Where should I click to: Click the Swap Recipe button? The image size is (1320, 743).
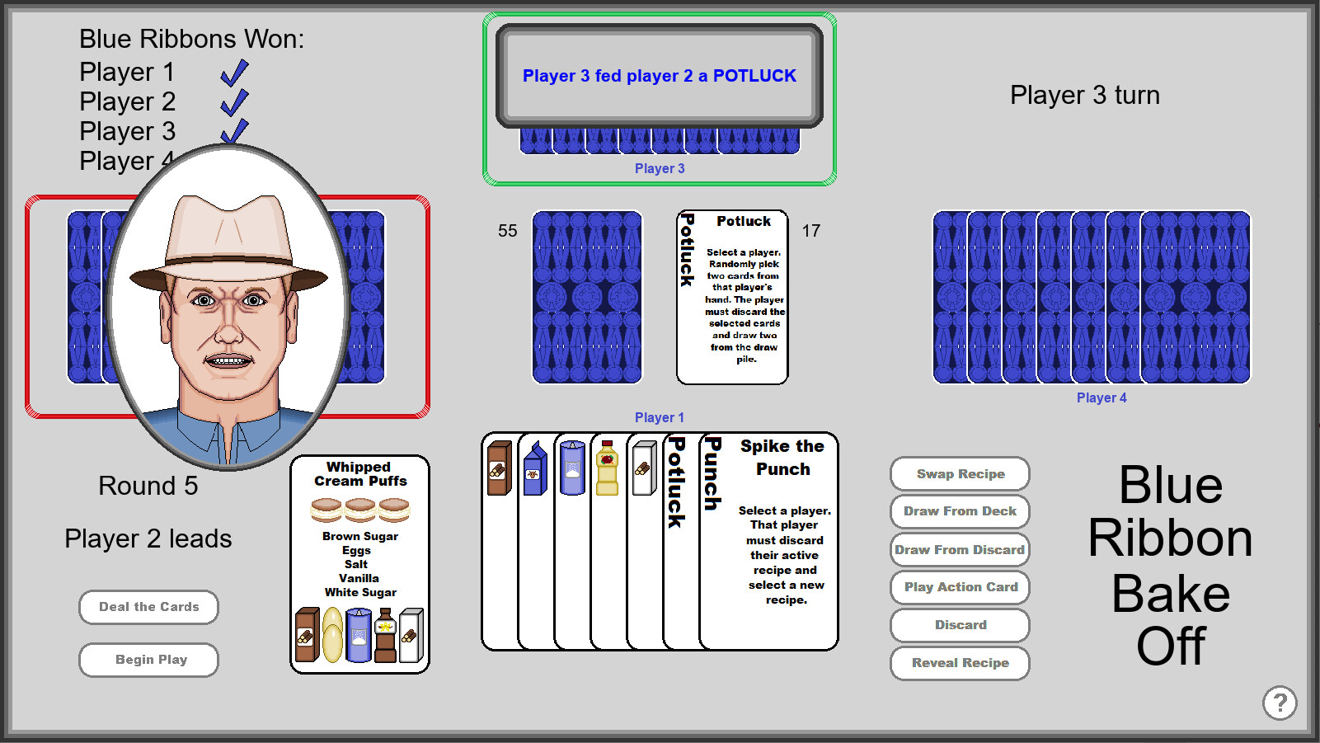[x=960, y=474]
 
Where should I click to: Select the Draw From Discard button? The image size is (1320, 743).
[x=960, y=550]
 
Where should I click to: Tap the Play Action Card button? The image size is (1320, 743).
[x=960, y=587]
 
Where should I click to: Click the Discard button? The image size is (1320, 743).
[x=960, y=625]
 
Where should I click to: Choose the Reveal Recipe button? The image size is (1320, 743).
[x=960, y=663]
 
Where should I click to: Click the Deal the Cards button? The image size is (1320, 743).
[x=148, y=607]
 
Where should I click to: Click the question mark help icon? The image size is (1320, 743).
[x=1279, y=703]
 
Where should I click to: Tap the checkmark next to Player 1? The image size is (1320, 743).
[x=234, y=73]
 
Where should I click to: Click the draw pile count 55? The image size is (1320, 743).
[x=507, y=231]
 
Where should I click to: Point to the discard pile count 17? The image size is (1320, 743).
[x=811, y=231]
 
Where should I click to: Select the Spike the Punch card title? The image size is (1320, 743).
[x=782, y=458]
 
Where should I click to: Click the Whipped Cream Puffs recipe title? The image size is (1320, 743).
[x=359, y=474]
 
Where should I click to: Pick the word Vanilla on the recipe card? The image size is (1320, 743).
[x=359, y=578]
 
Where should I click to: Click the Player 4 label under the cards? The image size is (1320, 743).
[x=1101, y=397]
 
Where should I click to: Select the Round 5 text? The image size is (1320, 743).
[x=148, y=486]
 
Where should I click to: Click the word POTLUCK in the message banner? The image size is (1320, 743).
[x=754, y=76]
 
